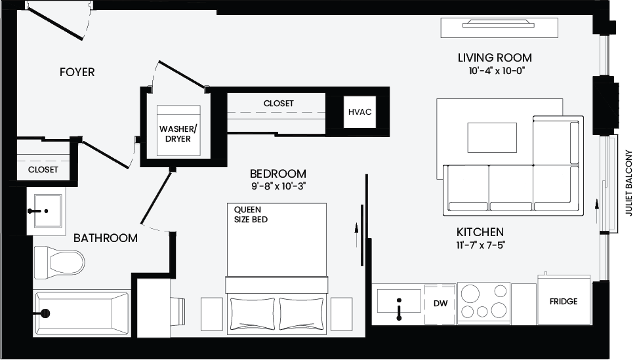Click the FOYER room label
pos(77,72)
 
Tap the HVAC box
pos(360,112)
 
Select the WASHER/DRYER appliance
pos(178,130)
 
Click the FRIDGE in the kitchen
pos(564,300)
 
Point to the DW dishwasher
pos(440,304)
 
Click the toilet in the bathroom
pos(59,262)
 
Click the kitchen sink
pos(398,301)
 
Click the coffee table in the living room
pos(492,138)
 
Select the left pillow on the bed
pos(253,313)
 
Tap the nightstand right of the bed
pos(341,314)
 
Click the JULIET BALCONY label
pos(629,183)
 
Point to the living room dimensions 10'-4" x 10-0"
pos(497,71)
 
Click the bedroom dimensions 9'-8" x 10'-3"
pos(278,186)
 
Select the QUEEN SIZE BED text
pos(251,214)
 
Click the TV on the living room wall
pos(499,24)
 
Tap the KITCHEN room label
pos(480,232)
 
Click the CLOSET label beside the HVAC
pos(278,104)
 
